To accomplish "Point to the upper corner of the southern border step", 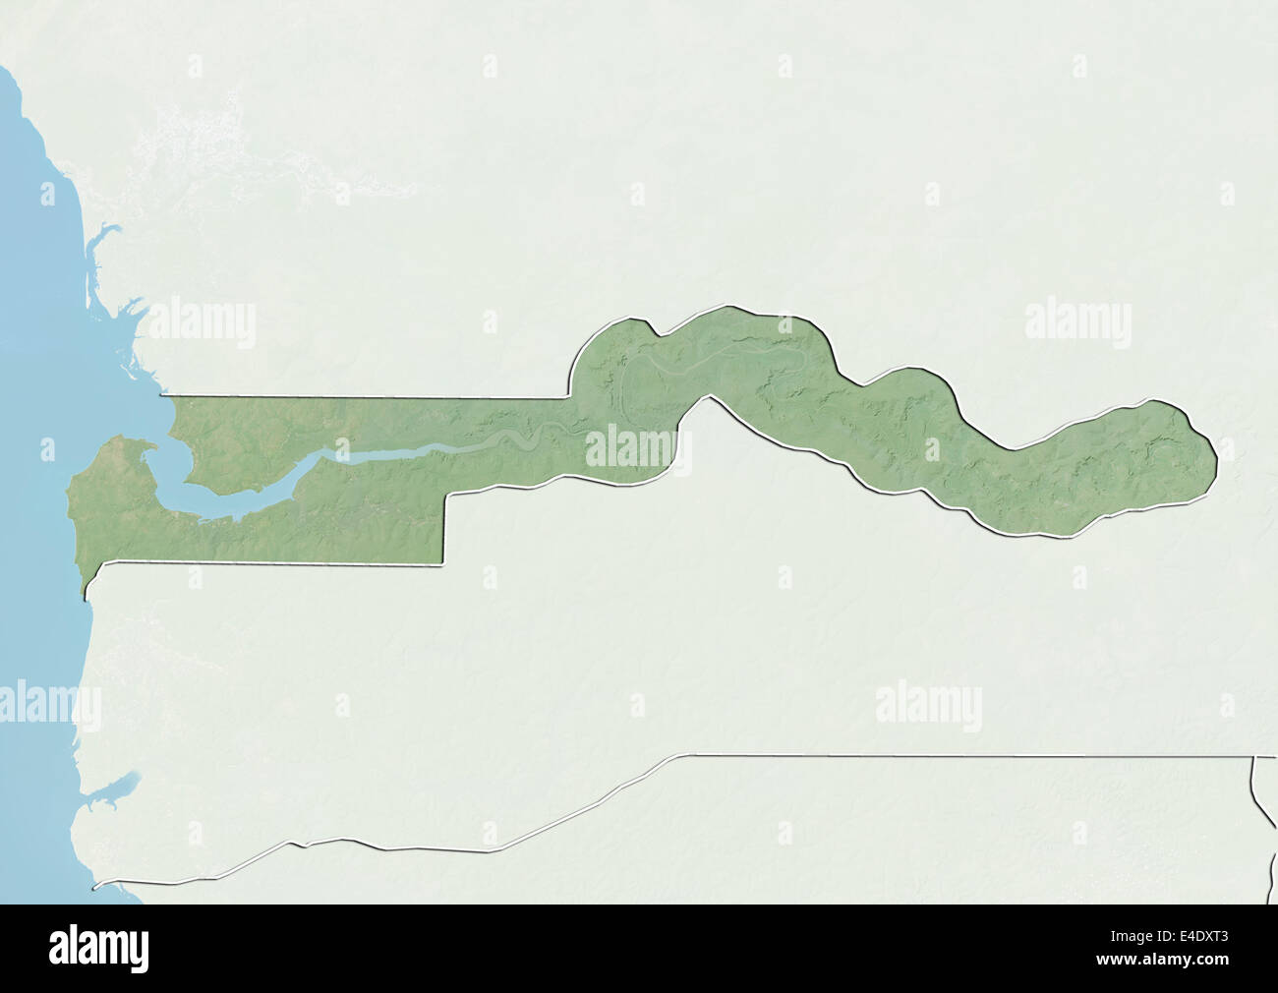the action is click(x=447, y=495).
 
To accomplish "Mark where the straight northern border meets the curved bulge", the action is click(x=569, y=397).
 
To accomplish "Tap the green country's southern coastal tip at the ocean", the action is click(x=85, y=595).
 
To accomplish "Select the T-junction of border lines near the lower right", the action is click(x=1254, y=756).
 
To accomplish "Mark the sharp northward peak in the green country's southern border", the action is click(x=704, y=398).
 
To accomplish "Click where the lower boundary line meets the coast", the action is click(x=95, y=886).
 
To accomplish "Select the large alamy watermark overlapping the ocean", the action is click(x=49, y=704).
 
